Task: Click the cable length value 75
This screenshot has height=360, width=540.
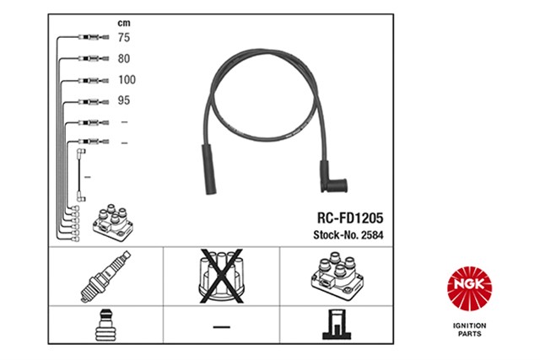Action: coord(124,37)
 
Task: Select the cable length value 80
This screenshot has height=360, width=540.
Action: coord(124,58)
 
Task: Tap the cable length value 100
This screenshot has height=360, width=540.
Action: coord(127,80)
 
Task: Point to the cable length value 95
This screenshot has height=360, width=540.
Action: coord(124,100)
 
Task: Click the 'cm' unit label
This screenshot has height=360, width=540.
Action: coord(124,23)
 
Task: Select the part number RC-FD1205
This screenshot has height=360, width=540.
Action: coord(350,218)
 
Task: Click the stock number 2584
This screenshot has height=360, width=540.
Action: coord(372,235)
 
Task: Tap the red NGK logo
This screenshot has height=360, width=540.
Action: coord(469,288)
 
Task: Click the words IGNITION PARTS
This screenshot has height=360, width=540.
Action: coord(469,330)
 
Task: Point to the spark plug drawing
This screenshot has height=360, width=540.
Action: coord(105,277)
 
